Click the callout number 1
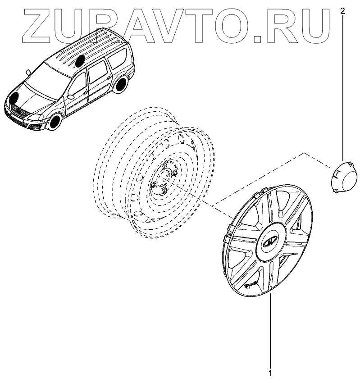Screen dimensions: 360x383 tap(270, 373)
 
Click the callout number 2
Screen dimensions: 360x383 tap(343, 11)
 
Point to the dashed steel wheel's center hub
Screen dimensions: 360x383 tap(163, 181)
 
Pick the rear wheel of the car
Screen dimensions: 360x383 tap(120, 85)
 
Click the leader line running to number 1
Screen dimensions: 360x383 tap(270, 333)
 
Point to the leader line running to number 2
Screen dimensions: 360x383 tap(343, 90)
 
